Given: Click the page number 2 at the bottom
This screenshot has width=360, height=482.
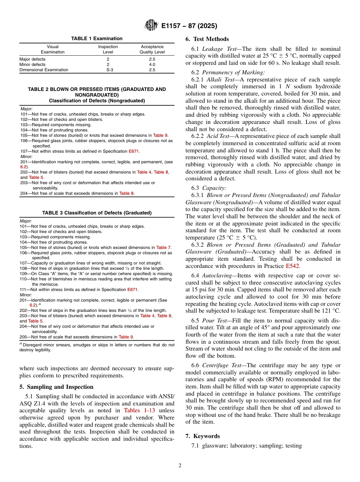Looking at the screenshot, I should (x=180, y=466).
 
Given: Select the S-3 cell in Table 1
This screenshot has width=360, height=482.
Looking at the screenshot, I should (x=108, y=70).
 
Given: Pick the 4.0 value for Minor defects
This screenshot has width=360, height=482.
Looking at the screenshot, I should (x=152, y=64).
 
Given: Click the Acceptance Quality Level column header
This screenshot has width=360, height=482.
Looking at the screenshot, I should (x=152, y=49).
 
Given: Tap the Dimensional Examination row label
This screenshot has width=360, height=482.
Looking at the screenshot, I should (x=44, y=70).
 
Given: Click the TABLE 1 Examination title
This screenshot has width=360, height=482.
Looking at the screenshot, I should (x=97, y=39).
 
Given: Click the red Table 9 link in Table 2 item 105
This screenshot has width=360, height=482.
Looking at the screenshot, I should (x=161, y=135).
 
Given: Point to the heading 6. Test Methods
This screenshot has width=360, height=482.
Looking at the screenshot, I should (x=207, y=39).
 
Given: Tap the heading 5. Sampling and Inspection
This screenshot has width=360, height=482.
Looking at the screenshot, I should (x=56, y=387).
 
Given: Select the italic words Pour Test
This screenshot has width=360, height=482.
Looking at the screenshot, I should (x=214, y=321).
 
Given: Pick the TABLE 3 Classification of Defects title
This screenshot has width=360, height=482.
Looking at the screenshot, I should (x=97, y=213).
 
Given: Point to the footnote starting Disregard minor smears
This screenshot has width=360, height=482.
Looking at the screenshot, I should (x=97, y=347).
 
